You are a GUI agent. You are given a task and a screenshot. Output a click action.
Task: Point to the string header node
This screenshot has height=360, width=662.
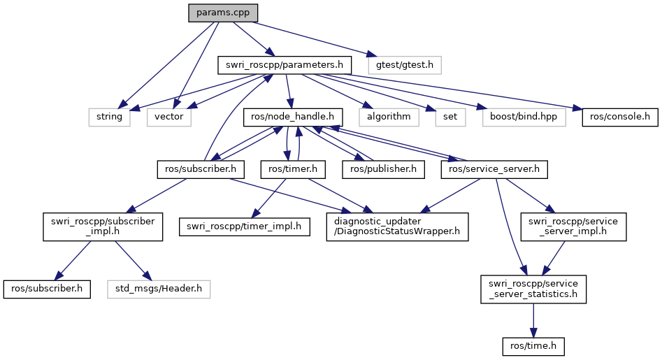tap(110, 117)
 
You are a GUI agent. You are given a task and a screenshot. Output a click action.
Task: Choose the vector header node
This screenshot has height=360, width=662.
tap(169, 117)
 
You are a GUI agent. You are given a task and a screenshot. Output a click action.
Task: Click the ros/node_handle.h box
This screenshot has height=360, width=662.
tap(293, 117)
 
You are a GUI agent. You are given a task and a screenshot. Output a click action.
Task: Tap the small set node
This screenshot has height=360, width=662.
tap(450, 117)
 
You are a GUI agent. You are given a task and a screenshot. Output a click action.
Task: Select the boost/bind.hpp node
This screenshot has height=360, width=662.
tap(524, 117)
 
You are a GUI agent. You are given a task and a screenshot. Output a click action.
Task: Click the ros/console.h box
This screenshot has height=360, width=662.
tap(620, 117)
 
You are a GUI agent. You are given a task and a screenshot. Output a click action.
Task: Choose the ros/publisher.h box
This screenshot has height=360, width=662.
tap(383, 168)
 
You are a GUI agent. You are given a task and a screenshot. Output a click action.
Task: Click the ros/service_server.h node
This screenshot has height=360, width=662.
tap(495, 168)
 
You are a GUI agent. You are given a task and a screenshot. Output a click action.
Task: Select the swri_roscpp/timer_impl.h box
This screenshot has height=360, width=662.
tap(244, 226)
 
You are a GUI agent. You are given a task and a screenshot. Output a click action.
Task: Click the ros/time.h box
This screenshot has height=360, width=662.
tap(533, 345)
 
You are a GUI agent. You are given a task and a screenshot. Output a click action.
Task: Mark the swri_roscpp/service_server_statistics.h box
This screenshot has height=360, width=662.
tap(533, 288)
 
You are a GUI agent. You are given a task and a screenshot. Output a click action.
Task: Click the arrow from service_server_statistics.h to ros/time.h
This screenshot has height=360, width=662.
tap(533, 319)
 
